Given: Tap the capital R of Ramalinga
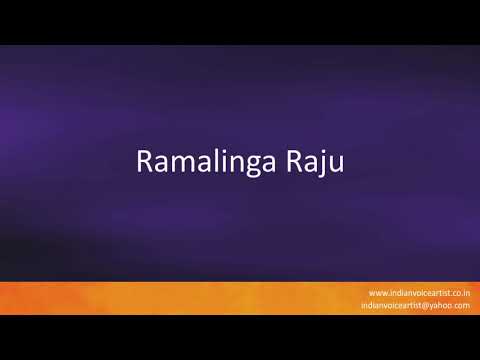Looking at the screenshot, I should coord(143,162).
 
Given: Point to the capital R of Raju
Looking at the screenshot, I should coord(297,162).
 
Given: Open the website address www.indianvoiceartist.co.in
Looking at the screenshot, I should coord(419,292).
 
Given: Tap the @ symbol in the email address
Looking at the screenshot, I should coord(431,305).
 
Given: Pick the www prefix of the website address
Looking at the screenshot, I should coord(377,292).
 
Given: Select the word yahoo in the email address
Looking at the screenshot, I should coord(446,305).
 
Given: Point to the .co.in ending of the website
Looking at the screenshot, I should coord(458,292).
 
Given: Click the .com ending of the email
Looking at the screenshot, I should coord(464,305).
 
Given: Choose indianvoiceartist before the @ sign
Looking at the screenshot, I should coord(396,305).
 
